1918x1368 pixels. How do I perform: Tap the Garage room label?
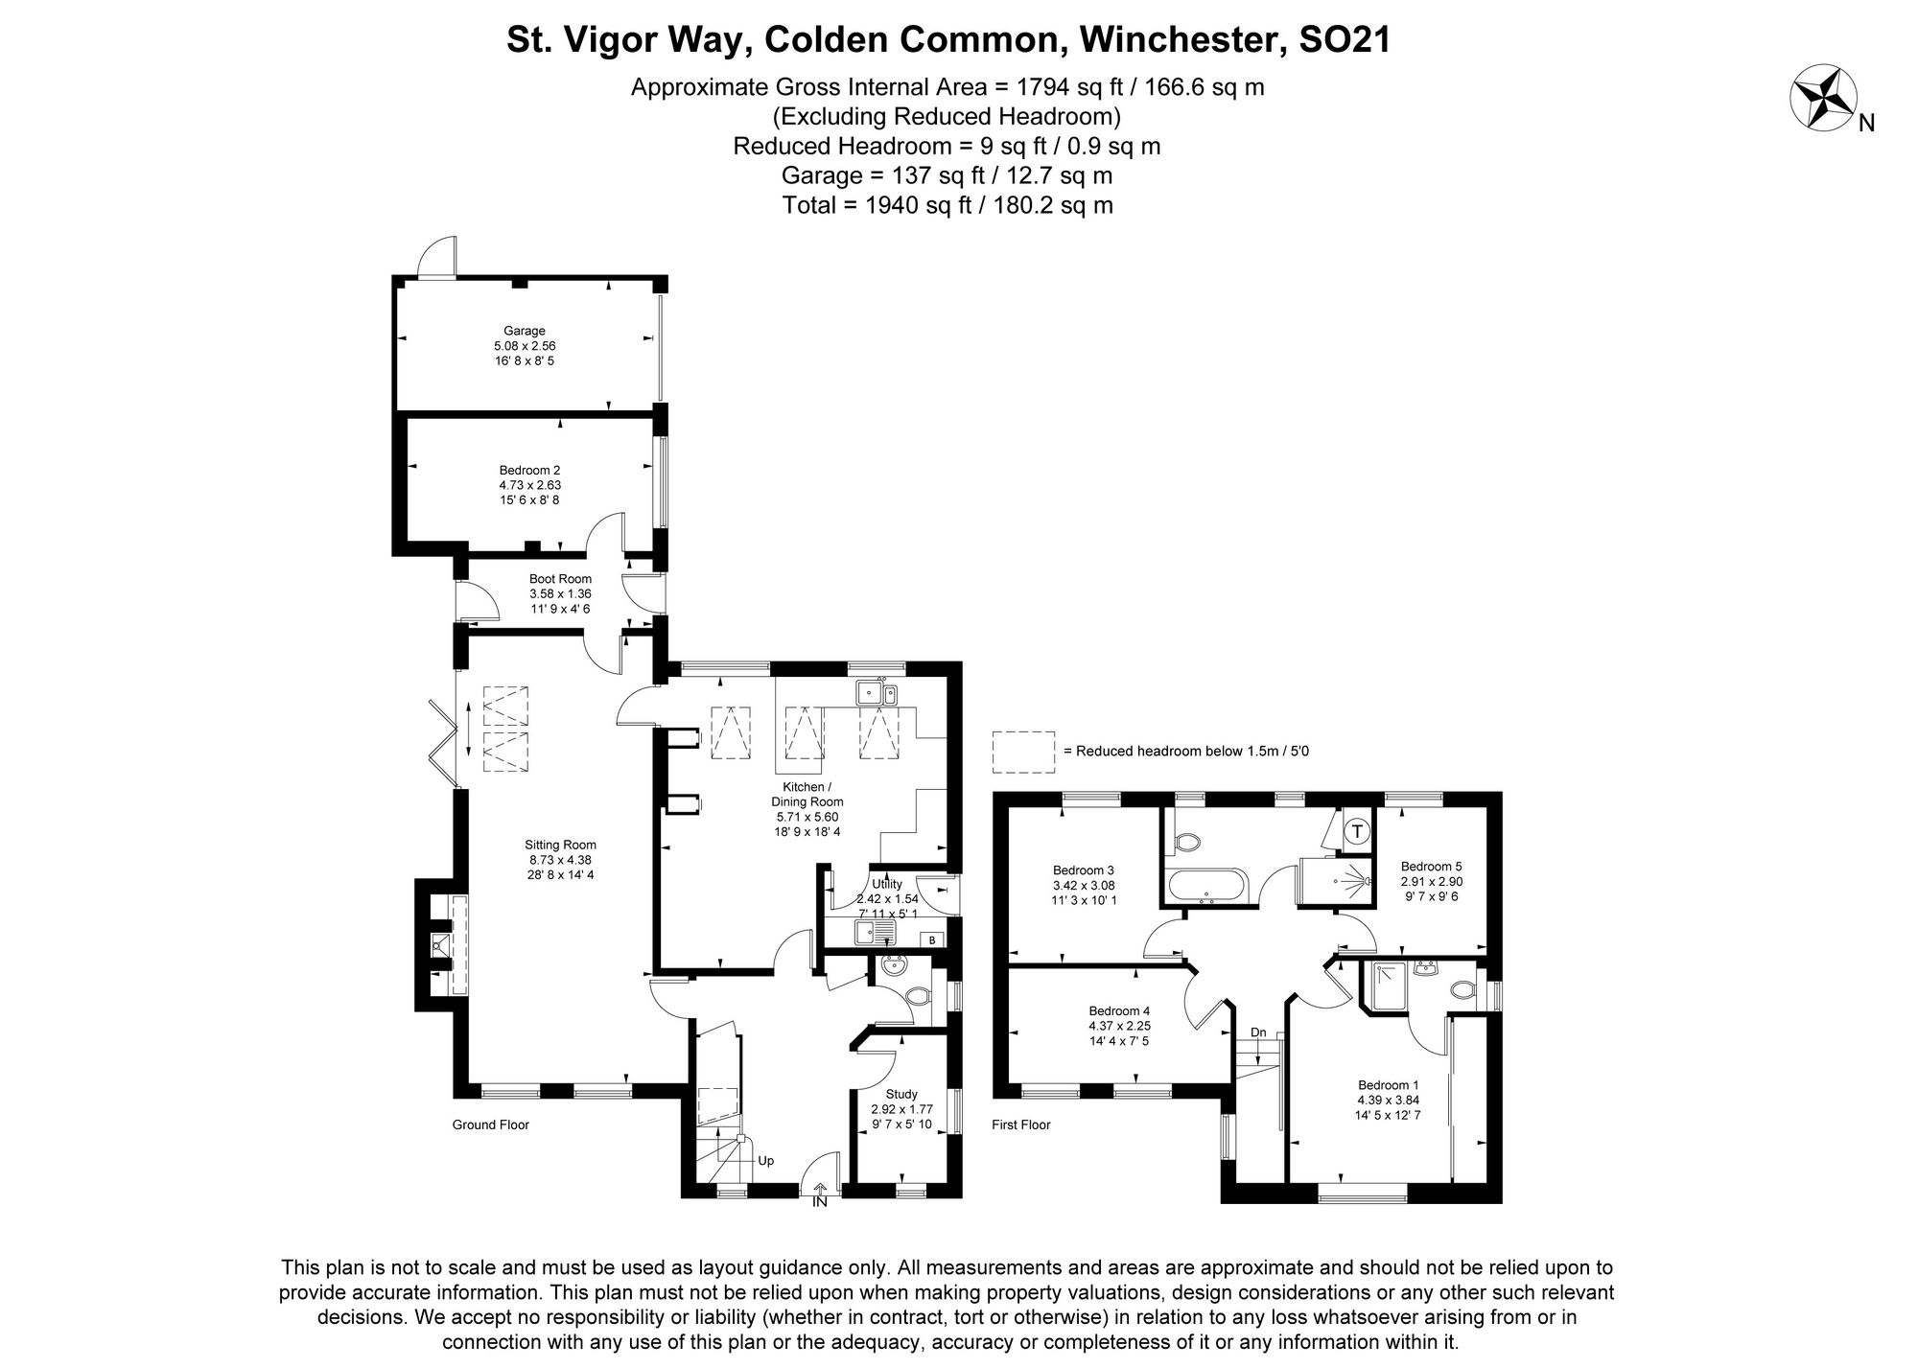click(x=525, y=332)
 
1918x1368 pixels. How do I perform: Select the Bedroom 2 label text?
click(x=529, y=470)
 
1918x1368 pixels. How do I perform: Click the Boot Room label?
click(x=560, y=579)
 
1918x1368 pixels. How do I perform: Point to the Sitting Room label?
click(x=560, y=845)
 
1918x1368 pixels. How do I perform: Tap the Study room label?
click(x=901, y=1094)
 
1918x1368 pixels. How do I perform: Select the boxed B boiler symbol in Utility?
click(x=930, y=940)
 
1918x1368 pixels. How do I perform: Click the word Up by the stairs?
click(x=765, y=1161)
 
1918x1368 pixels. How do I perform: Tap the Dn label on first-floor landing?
click(x=1257, y=1032)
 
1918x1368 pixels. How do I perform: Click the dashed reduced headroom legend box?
click(x=1023, y=752)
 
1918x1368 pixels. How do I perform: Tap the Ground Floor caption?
click(x=490, y=1125)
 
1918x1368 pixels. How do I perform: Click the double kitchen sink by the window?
click(x=877, y=692)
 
